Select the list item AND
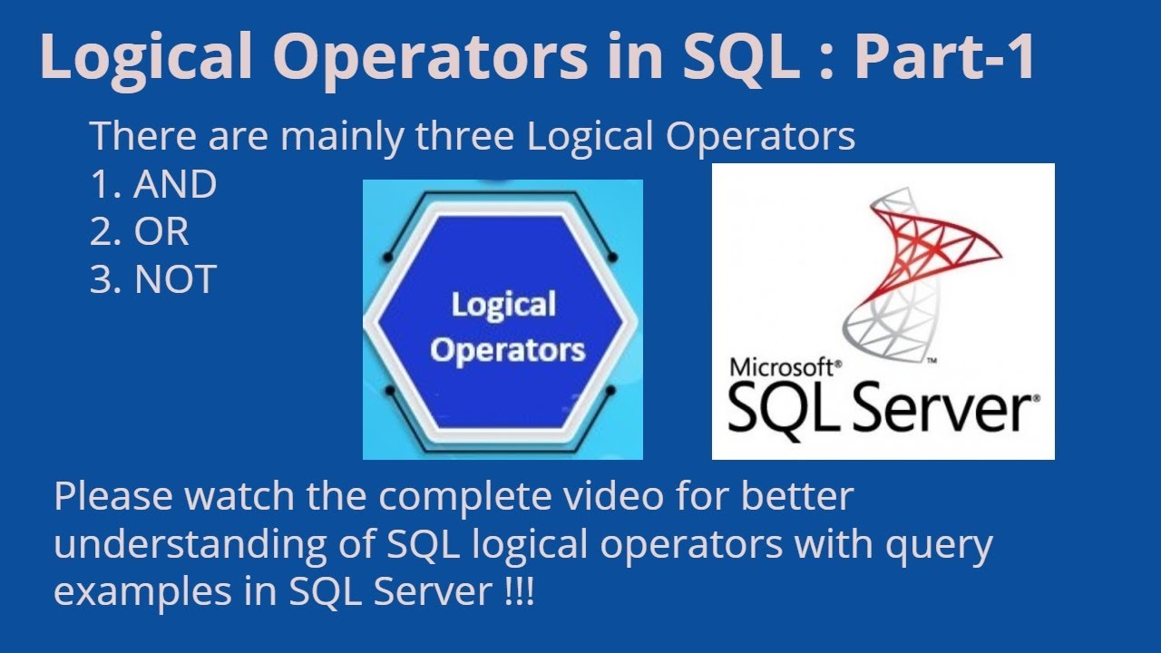point(175,185)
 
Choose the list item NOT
point(175,280)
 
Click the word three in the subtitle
point(467,138)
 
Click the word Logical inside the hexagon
point(503,306)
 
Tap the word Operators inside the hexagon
point(508,351)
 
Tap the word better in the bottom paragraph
point(798,498)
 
